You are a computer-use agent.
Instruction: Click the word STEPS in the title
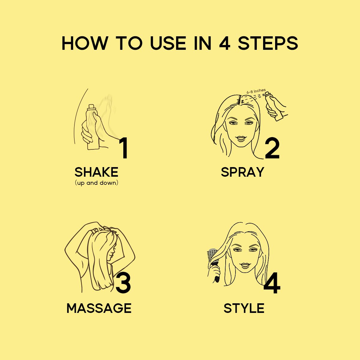pos(268,43)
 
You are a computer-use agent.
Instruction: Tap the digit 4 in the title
pos(225,43)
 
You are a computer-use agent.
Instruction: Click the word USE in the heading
pos(168,43)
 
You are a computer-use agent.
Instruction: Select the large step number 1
pos(124,148)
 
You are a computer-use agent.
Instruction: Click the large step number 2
pos(272,148)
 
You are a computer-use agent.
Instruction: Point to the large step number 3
pos(123,282)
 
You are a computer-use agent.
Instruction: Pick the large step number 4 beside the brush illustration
pos(272,283)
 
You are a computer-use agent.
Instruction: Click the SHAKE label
pos(96,172)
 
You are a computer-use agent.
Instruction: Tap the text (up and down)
pos(96,183)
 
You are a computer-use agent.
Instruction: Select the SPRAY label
pos(242,172)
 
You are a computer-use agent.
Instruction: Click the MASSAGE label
pos(99,308)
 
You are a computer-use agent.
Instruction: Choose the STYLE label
pos(244,308)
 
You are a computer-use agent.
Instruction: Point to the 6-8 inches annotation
pos(256,91)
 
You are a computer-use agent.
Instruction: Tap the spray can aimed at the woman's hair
pos(274,106)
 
